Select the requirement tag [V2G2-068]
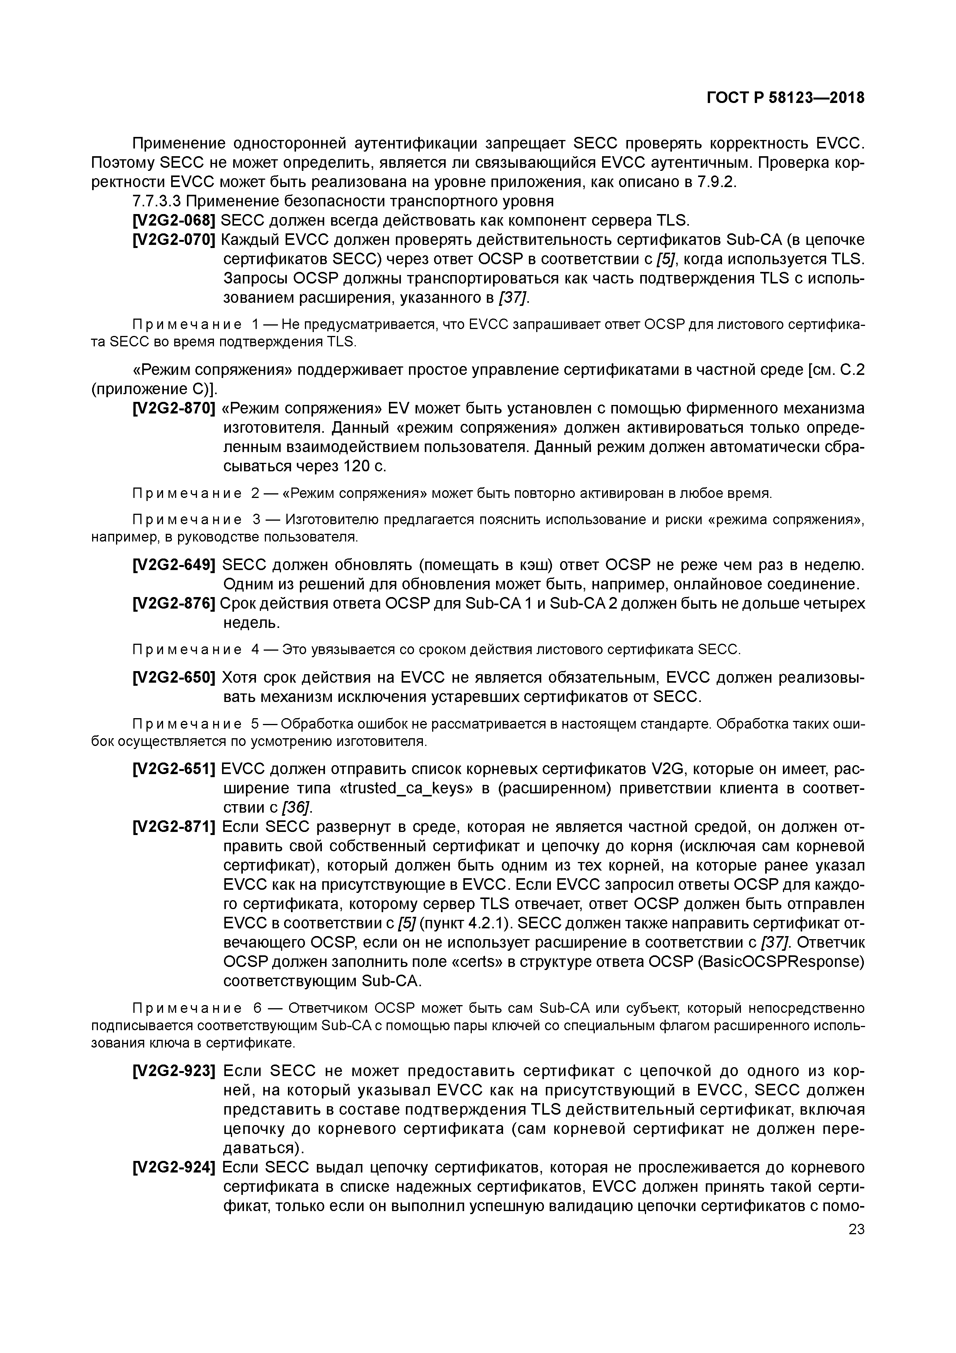pos(174,220)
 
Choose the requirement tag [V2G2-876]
pos(174,604)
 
